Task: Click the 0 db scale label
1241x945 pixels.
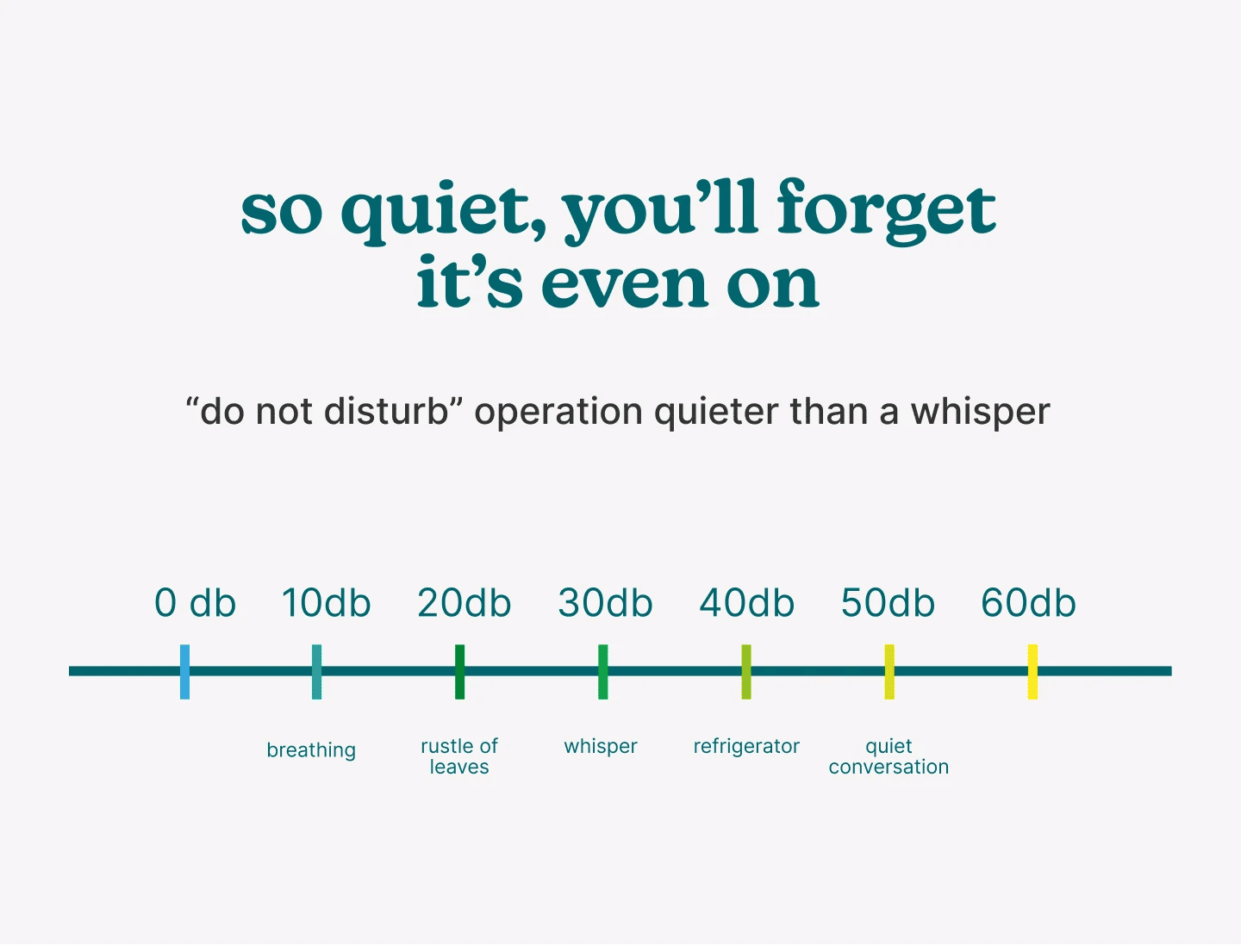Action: [x=195, y=603]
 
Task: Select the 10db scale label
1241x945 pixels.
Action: [x=327, y=603]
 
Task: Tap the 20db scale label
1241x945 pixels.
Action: [x=465, y=603]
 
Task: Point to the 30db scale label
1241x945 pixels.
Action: [x=606, y=603]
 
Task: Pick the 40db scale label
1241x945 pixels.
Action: [x=747, y=603]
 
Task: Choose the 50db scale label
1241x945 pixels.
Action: [x=889, y=603]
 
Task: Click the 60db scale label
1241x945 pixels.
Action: [x=1029, y=603]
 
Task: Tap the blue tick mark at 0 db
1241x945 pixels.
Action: [x=185, y=671]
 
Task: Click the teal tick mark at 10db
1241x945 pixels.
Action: [x=317, y=671]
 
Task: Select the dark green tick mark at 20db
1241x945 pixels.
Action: [x=460, y=671]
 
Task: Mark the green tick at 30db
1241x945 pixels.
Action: [x=603, y=671]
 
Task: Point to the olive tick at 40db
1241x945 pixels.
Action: [x=746, y=671]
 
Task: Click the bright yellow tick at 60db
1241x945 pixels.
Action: [x=1032, y=671]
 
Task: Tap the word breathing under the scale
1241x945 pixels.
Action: [x=311, y=750]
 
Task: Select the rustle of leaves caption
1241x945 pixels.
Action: [x=459, y=756]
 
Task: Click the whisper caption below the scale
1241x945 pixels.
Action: [x=601, y=746]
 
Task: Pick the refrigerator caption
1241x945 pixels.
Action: [x=746, y=746]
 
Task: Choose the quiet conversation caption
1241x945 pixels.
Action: [x=889, y=756]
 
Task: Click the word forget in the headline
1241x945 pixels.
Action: [x=886, y=211]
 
